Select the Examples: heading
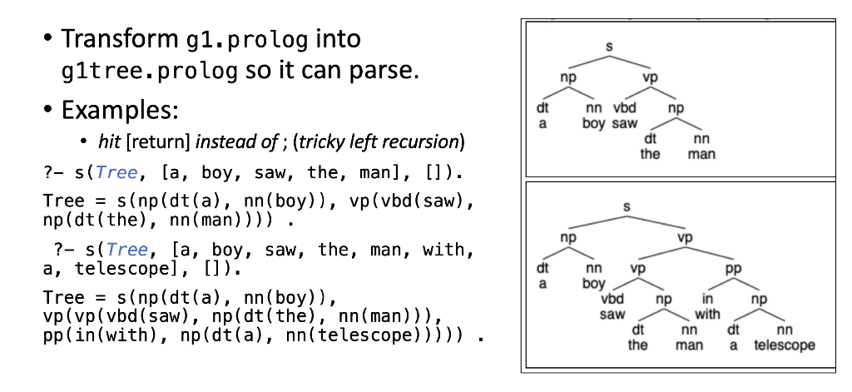point(120,110)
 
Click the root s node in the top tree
point(608,47)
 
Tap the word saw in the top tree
point(625,123)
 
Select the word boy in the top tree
point(594,123)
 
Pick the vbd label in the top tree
point(625,108)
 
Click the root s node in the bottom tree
point(627,205)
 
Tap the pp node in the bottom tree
point(733,269)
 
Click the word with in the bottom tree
point(707,314)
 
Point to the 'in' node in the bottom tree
point(707,299)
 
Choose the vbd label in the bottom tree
point(612,299)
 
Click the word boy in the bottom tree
point(594,283)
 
